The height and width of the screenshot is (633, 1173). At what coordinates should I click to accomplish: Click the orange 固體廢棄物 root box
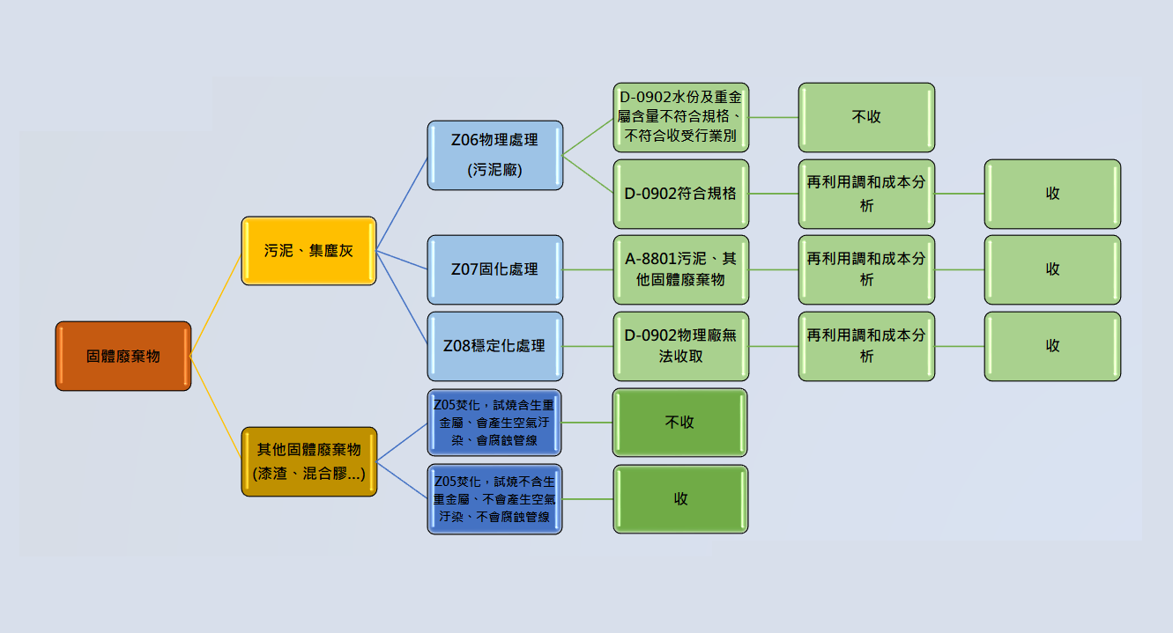click(123, 356)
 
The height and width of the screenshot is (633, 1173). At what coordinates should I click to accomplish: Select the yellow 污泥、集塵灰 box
click(308, 251)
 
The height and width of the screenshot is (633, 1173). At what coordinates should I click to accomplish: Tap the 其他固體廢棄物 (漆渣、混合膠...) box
click(308, 461)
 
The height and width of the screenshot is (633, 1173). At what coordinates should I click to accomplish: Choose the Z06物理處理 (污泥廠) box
click(494, 155)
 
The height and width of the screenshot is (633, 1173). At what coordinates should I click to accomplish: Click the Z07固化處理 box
click(494, 269)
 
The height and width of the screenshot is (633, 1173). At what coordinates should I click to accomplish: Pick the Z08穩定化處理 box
click(494, 346)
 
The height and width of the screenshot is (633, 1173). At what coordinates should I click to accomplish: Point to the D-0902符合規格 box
click(680, 194)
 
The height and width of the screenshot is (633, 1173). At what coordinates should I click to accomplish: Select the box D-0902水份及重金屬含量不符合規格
click(680, 117)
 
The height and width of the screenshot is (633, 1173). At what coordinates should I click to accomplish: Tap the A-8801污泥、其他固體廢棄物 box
click(680, 269)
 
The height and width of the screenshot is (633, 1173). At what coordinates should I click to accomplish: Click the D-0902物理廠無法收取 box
click(680, 346)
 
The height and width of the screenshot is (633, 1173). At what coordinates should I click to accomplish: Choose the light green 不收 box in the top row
click(866, 117)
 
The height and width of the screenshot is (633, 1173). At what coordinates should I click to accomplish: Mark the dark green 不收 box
click(679, 423)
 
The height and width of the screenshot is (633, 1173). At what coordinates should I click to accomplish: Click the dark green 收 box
click(680, 499)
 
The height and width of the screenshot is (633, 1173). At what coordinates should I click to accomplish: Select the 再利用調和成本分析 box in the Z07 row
click(866, 269)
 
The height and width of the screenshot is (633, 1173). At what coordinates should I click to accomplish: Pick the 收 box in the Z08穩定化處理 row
click(1052, 346)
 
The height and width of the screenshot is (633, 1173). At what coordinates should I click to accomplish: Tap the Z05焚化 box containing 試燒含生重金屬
click(494, 423)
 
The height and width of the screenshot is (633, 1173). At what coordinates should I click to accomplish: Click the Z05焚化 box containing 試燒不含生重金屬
click(494, 499)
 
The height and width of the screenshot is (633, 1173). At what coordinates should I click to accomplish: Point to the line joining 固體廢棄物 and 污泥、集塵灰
click(216, 305)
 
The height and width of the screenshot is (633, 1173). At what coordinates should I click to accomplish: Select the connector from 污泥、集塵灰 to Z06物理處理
click(402, 203)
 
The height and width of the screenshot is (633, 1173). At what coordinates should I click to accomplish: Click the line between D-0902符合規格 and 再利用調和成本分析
click(774, 194)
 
